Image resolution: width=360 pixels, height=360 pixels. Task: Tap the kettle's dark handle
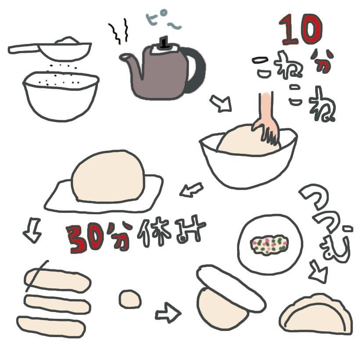(x=198, y=70)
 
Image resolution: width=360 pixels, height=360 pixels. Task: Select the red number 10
(x=301, y=31)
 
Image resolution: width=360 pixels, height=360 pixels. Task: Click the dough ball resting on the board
(x=108, y=176)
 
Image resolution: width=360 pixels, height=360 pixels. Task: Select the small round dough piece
(x=130, y=300)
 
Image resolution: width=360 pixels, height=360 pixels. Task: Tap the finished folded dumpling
(x=316, y=314)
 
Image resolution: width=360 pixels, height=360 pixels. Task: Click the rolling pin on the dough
(x=230, y=288)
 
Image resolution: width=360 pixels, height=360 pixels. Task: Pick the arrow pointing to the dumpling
(x=318, y=272)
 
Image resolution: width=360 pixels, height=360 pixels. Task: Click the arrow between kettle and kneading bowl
(x=220, y=104)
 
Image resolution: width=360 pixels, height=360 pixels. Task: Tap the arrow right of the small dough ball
(x=167, y=313)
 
